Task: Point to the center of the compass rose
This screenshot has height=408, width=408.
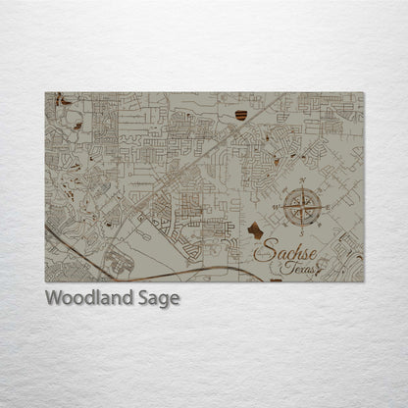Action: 302,207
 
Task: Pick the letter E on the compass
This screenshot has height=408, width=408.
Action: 328,207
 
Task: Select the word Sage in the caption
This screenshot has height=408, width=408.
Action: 158,298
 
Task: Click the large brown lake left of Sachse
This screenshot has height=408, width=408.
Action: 255,230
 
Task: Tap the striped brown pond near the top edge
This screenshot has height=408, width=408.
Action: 240,116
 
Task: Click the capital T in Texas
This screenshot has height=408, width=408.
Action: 283,267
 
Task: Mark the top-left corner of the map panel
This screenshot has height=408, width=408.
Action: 45,93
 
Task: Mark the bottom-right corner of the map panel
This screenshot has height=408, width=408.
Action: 363,282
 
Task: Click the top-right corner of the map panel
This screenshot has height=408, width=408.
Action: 363,93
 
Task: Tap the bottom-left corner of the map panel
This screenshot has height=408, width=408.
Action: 45,282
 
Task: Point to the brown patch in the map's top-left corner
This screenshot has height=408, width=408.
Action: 65,99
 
